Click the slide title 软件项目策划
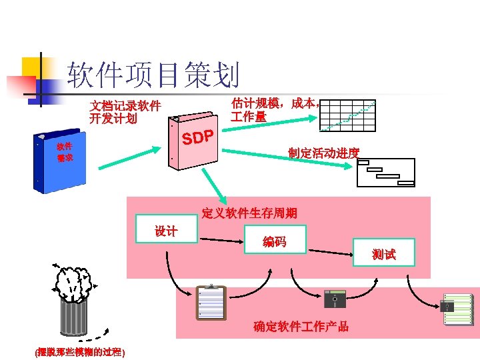pyautogui.click(x=153, y=75)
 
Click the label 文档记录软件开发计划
pyautogui.click(x=125, y=113)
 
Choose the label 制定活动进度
pyautogui.click(x=323, y=153)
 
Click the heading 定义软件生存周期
pyautogui.click(x=249, y=213)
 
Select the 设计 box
pyautogui.click(x=166, y=231)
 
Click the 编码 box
pyautogui.click(x=275, y=241)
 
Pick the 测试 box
pyautogui.click(x=384, y=254)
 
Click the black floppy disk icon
pyautogui.click(x=334, y=299)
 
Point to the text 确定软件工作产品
pyautogui.click(x=301, y=326)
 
